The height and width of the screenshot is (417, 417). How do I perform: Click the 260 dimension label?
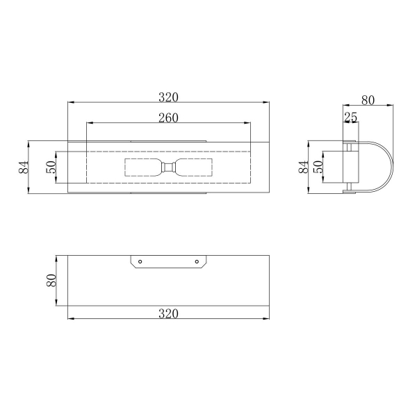[x=168, y=118]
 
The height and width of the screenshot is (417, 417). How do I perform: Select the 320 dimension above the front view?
[x=168, y=97]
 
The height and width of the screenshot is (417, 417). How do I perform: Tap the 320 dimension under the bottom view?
[x=168, y=314]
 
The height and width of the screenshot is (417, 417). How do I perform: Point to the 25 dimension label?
[x=351, y=117]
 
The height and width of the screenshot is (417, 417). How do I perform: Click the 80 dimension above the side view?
[x=368, y=100]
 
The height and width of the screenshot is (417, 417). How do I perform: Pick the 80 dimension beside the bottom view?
[x=51, y=280]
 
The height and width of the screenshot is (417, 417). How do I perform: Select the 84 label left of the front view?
[x=24, y=167]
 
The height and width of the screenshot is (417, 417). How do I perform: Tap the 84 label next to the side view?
[x=304, y=167]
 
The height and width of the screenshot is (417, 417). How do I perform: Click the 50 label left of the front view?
[x=51, y=167]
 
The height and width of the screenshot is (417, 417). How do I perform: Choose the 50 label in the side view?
[x=318, y=167]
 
